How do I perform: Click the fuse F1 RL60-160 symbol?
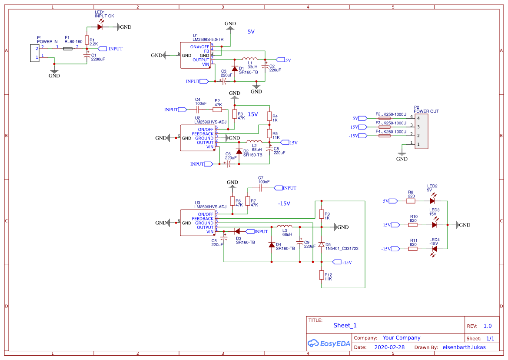click(68, 49)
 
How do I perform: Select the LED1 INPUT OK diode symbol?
click(100, 27)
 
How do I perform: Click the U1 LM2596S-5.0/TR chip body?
click(195, 55)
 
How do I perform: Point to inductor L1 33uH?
click(249, 59)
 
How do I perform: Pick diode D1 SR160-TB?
click(235, 69)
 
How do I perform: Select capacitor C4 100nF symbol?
click(198, 110)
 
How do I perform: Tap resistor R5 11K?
click(269, 133)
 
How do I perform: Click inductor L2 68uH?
click(254, 142)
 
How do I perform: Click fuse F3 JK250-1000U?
click(384, 127)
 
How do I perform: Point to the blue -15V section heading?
click(284, 203)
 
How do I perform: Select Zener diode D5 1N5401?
click(322, 245)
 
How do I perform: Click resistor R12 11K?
click(322, 275)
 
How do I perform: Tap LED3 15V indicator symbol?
click(434, 225)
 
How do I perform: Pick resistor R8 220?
click(411, 201)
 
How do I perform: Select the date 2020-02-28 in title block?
click(389, 347)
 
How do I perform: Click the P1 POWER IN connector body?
click(34, 53)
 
